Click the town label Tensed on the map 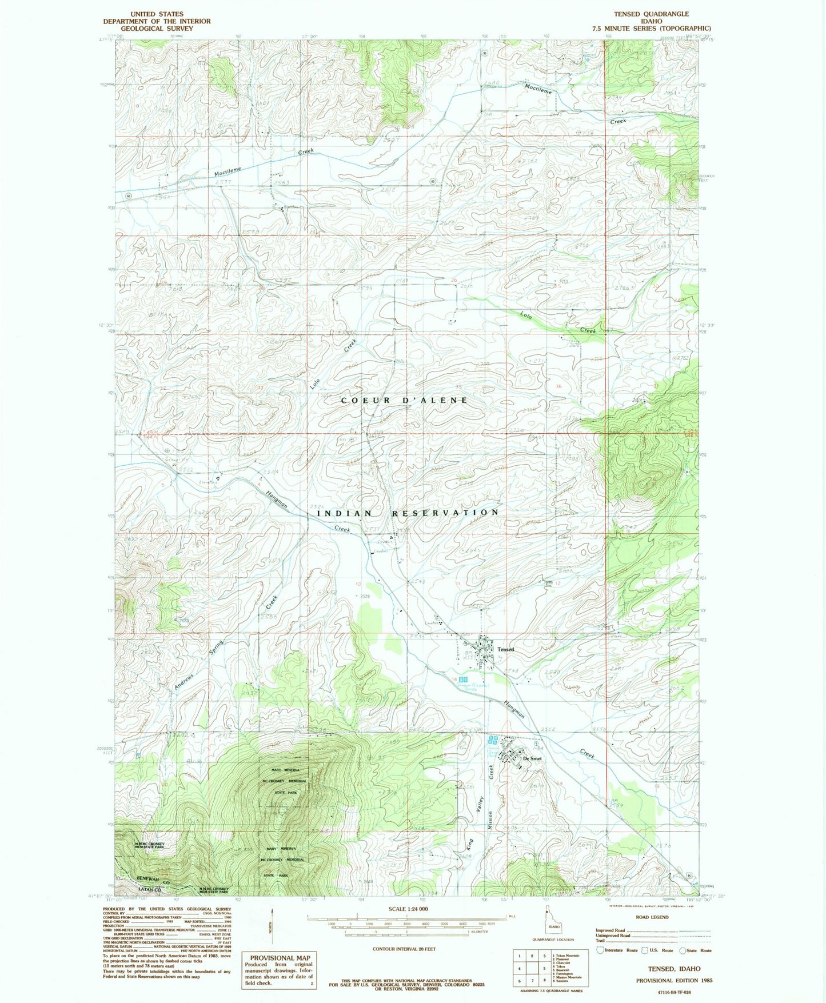(x=505, y=649)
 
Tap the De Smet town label (x=532, y=758)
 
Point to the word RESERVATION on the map (x=445, y=513)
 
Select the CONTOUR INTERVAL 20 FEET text (x=404, y=949)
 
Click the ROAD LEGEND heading (x=652, y=917)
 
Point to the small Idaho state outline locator (x=553, y=926)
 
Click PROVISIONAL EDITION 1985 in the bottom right (x=675, y=980)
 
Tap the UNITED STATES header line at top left (x=157, y=14)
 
